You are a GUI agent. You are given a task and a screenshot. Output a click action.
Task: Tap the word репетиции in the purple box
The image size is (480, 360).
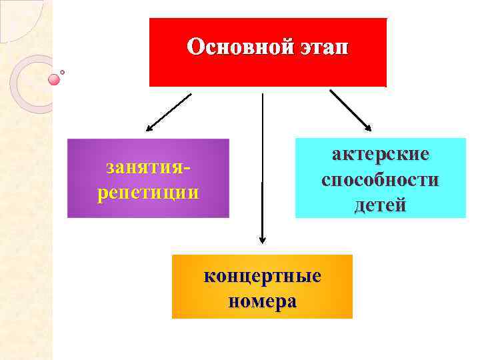point(148,193)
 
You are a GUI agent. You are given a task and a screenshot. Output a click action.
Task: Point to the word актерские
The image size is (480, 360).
point(381,154)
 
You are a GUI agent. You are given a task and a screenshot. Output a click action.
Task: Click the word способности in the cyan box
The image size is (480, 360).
point(381,179)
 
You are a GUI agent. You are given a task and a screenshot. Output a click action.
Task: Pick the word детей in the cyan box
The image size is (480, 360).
point(381,205)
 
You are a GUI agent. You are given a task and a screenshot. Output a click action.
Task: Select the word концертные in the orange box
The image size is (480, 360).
point(262,276)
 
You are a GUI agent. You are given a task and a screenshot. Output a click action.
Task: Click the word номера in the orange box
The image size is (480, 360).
point(262,301)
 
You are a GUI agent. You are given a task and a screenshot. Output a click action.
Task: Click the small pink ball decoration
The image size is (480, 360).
point(54,80)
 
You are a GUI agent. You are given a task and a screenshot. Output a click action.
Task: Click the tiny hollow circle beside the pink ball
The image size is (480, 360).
point(63,72)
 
